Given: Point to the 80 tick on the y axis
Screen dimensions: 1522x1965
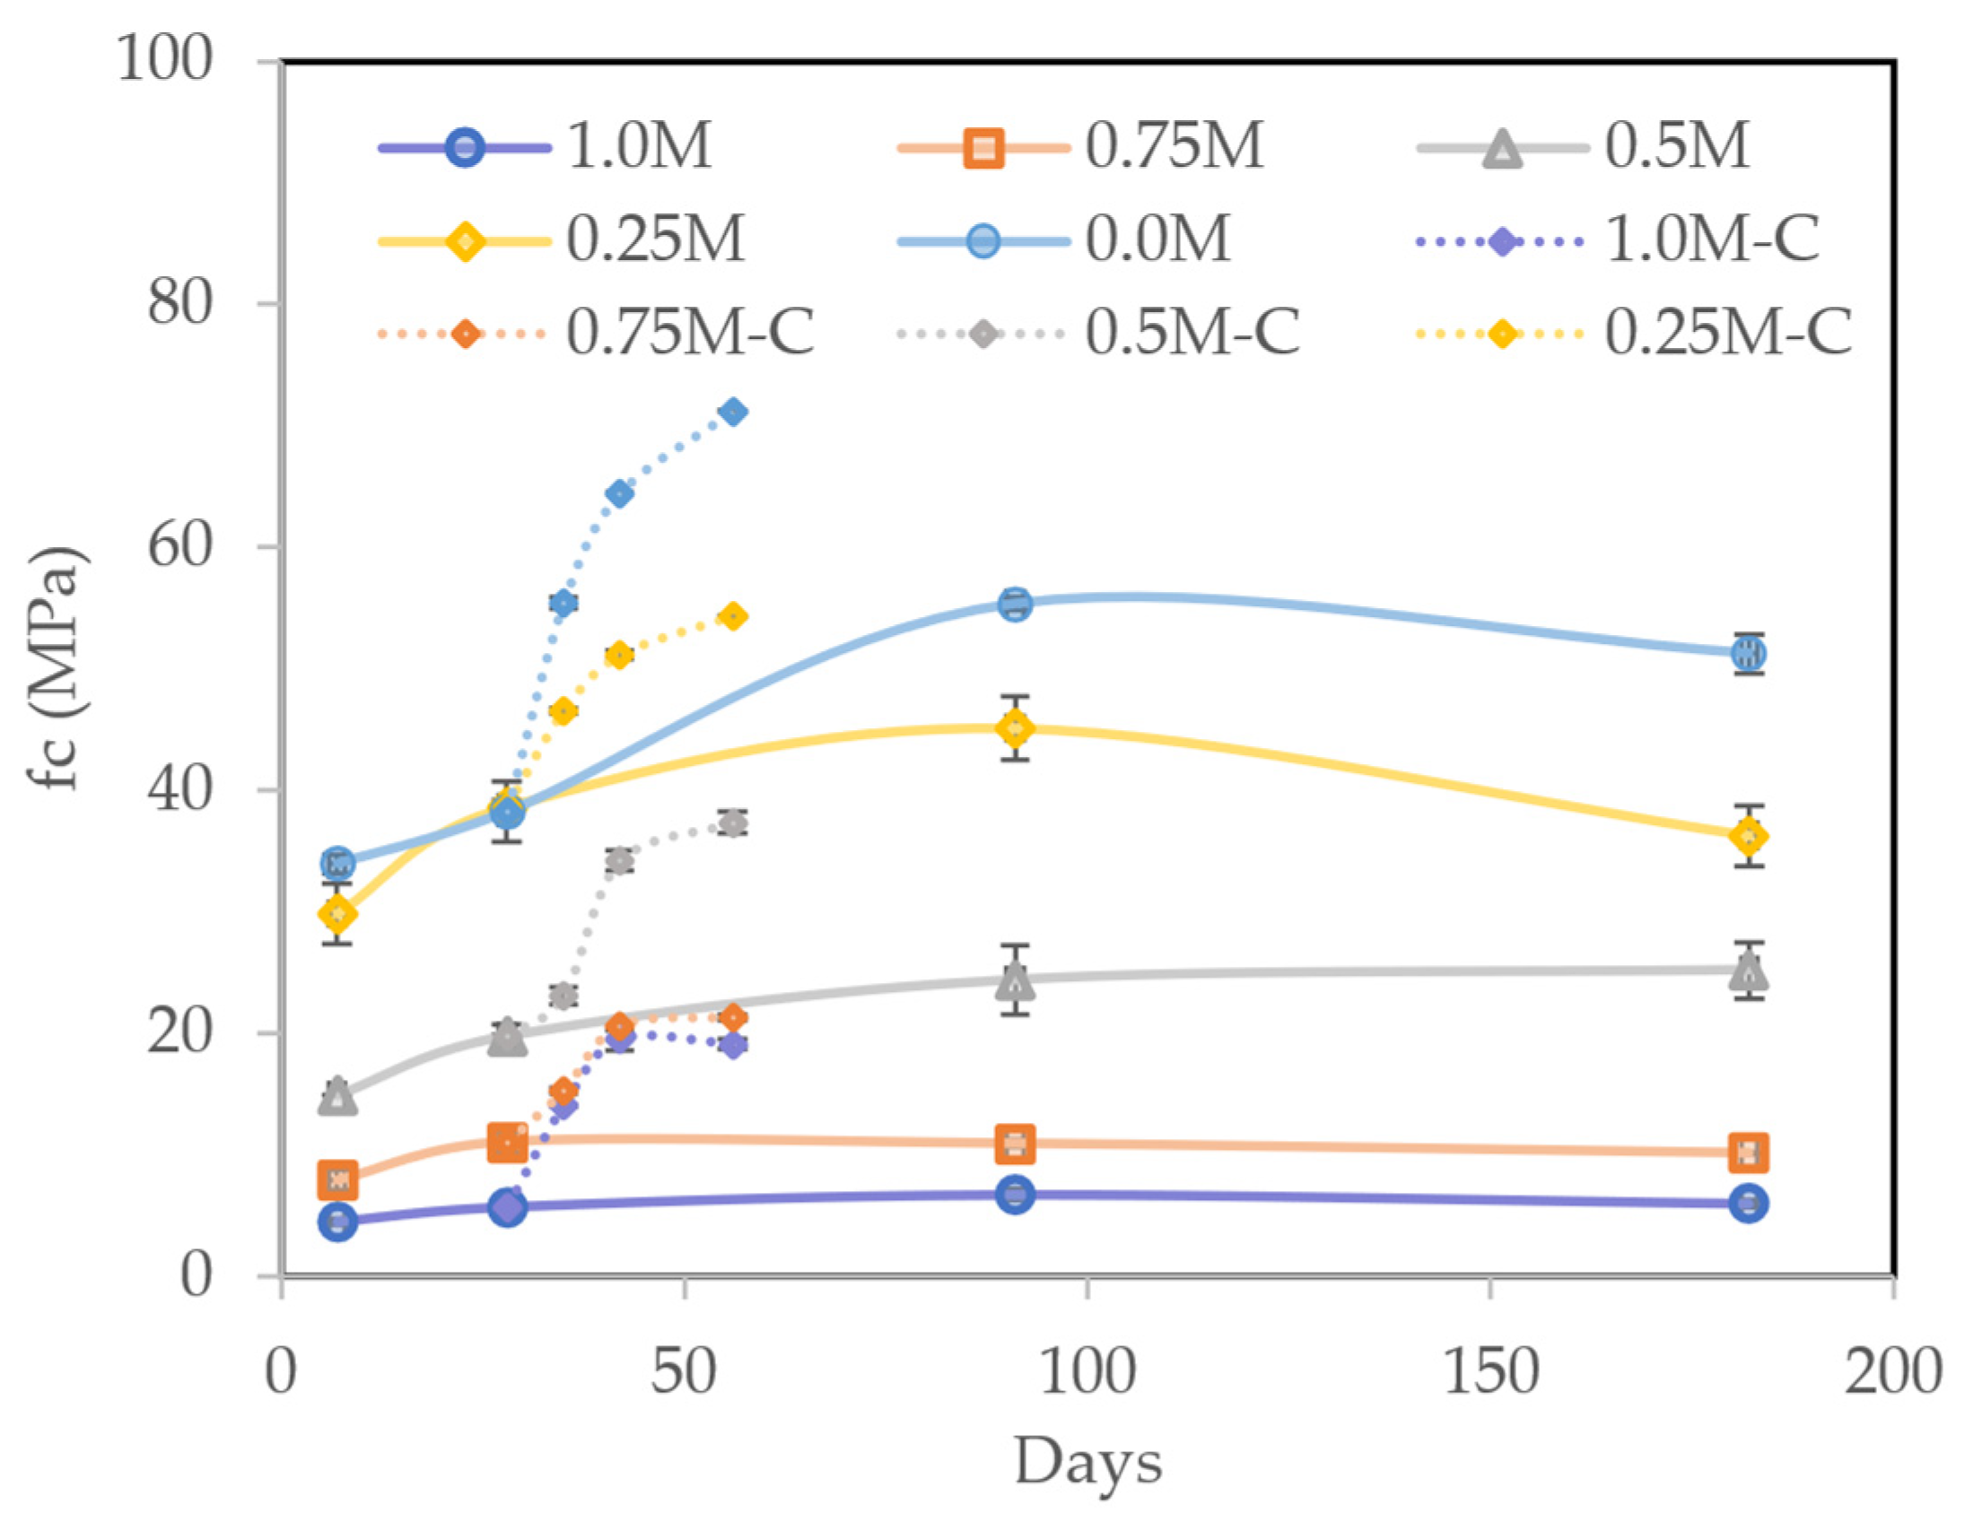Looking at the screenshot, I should tap(179, 304).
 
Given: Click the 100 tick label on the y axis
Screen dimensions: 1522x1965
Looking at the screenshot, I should tap(165, 60).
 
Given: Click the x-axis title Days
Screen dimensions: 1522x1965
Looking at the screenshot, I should tap(1087, 1463).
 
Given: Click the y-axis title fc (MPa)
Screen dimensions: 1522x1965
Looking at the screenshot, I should tap(56, 667).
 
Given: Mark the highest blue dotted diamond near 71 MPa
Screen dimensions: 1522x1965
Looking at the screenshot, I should tap(733, 412).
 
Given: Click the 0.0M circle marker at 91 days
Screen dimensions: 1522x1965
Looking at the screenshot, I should tap(1015, 604).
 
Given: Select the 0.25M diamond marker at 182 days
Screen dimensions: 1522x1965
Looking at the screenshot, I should tap(1748, 837).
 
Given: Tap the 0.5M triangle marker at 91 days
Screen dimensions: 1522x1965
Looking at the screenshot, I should tap(1015, 981).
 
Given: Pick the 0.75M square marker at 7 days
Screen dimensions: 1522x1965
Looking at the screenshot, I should tap(337, 1179).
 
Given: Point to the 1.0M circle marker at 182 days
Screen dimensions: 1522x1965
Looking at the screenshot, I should tap(1748, 1204).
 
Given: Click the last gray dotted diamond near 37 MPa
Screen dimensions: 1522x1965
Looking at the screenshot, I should tap(733, 823).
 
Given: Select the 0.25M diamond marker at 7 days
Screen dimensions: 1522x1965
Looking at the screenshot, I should tap(337, 915).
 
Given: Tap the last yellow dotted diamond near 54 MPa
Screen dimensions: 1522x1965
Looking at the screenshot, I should tap(733, 616).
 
